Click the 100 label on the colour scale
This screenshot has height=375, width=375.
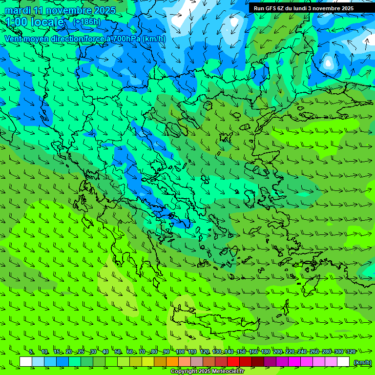(180, 352)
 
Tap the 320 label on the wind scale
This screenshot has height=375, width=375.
(351, 352)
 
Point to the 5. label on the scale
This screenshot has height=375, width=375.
(31, 352)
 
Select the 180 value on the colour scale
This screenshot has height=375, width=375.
(265, 352)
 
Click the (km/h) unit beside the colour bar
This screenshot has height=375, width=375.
(362, 362)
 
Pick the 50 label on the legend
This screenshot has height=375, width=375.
(118, 352)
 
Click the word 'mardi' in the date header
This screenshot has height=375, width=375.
(17, 10)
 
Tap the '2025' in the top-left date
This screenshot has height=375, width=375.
(105, 10)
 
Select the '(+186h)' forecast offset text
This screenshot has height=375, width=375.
(86, 21)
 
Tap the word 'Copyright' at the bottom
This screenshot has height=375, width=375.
(184, 372)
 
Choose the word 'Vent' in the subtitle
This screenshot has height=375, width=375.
(13, 39)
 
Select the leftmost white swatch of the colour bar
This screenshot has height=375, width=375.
(26, 362)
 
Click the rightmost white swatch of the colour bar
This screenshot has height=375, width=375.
(343, 362)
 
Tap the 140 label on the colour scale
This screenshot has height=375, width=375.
(229, 352)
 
